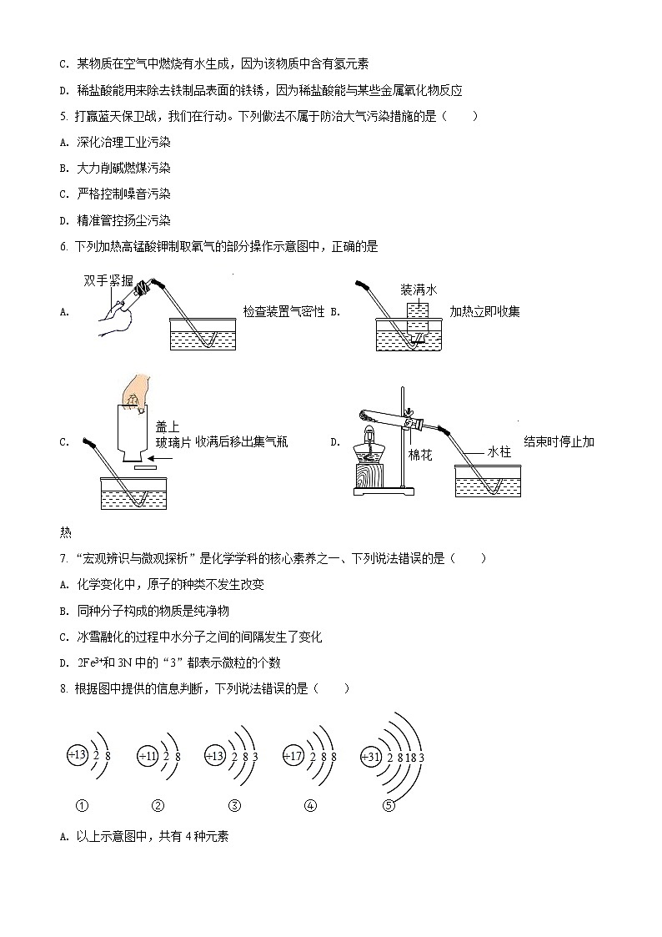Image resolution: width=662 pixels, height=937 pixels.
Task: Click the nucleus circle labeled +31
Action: (x=369, y=756)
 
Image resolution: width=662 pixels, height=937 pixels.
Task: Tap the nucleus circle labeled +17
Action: (x=293, y=756)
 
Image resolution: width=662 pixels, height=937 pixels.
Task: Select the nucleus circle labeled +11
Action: (x=148, y=756)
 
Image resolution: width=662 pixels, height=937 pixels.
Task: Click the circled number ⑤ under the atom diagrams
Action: (x=388, y=805)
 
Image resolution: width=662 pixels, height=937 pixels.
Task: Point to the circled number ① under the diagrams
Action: (x=81, y=805)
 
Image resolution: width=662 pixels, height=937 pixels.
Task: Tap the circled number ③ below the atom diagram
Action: (x=234, y=805)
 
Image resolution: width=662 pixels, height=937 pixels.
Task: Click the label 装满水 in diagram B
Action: (x=419, y=290)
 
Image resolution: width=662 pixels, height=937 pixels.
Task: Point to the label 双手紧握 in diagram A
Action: (x=108, y=281)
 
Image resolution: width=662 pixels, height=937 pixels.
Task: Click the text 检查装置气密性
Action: (x=283, y=312)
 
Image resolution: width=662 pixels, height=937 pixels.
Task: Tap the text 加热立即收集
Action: (x=484, y=312)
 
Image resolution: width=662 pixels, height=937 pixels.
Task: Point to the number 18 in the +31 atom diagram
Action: (x=409, y=757)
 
